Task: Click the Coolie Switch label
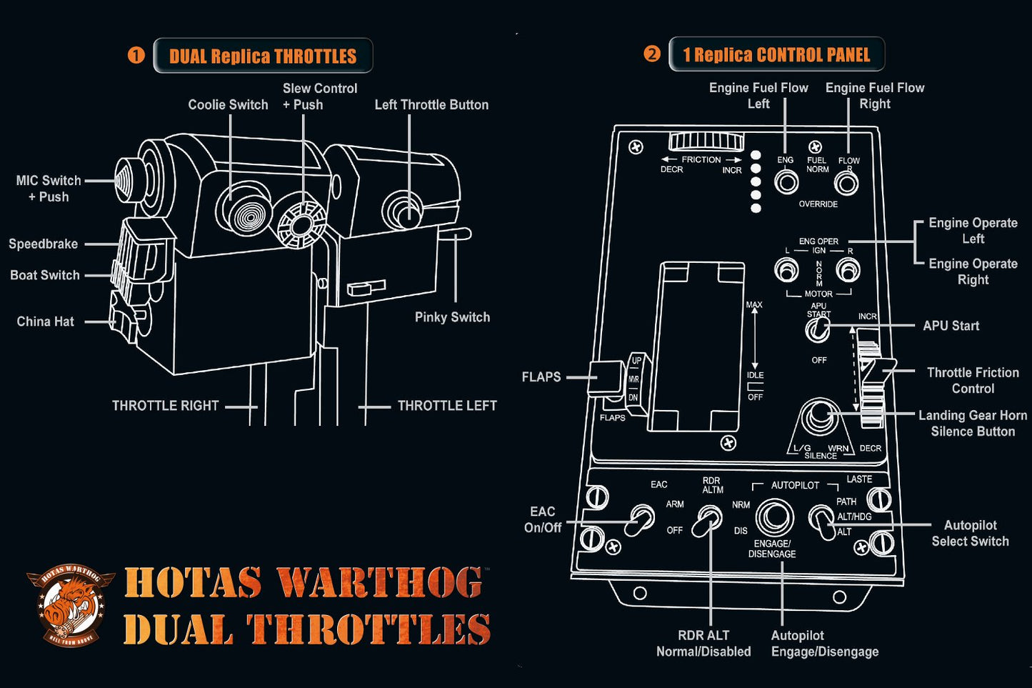click(x=228, y=105)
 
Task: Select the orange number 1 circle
click(x=136, y=55)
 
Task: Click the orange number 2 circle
click(x=651, y=54)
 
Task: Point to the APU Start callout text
click(x=951, y=326)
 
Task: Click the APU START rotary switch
click(x=817, y=330)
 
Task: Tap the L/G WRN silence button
click(x=821, y=417)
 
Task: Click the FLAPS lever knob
click(x=603, y=378)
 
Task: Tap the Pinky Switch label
click(x=452, y=317)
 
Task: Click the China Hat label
click(x=45, y=321)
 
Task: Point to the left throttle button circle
click(x=404, y=211)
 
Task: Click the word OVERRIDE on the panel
click(x=818, y=204)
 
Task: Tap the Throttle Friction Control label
click(x=973, y=380)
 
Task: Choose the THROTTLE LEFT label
click(x=447, y=406)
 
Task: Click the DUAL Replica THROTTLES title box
click(x=263, y=56)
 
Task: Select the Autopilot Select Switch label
click(x=970, y=533)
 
